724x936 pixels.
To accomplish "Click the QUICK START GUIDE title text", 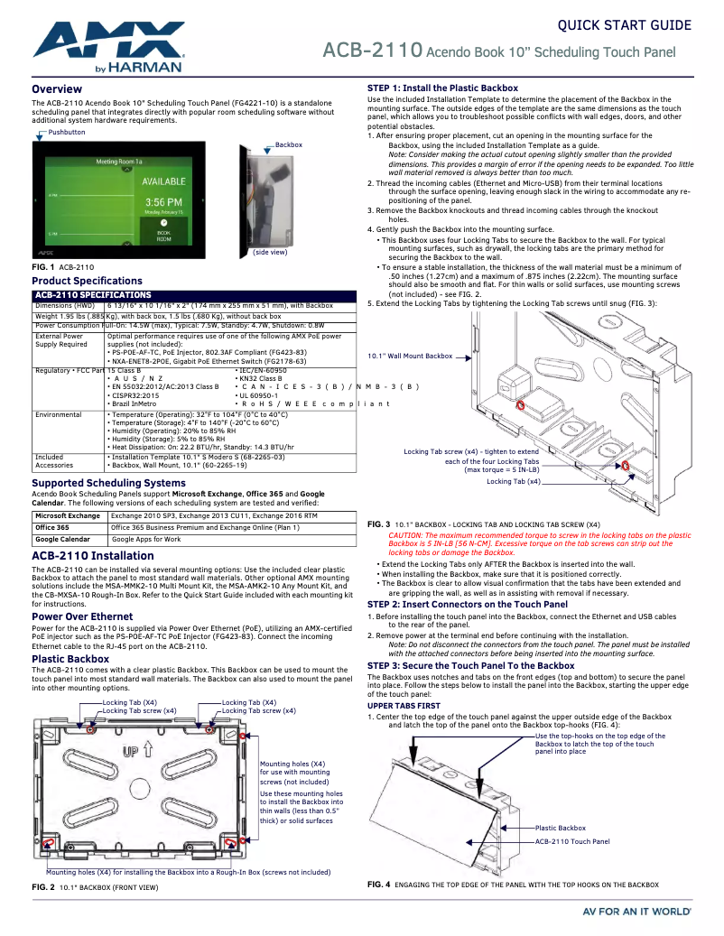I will (624, 24).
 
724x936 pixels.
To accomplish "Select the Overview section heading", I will (57, 89).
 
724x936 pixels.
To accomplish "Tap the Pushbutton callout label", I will (67, 132).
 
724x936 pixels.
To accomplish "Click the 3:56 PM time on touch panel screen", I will (163, 201).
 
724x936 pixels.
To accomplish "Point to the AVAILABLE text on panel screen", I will (163, 182).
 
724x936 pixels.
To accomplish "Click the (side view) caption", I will (270, 252).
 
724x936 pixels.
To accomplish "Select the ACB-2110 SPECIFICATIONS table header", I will (93, 295).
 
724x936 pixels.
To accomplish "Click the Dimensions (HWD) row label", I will (65, 306).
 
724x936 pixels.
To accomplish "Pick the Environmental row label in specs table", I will (59, 415).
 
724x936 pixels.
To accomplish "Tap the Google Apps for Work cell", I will (146, 539).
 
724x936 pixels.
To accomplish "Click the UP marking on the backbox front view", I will (132, 751).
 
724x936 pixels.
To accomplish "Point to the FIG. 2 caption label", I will (43, 888).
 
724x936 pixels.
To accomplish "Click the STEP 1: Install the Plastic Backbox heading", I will (442, 88).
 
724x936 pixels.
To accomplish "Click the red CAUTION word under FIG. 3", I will (404, 535).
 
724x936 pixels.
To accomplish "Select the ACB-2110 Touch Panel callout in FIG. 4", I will (572, 841).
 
